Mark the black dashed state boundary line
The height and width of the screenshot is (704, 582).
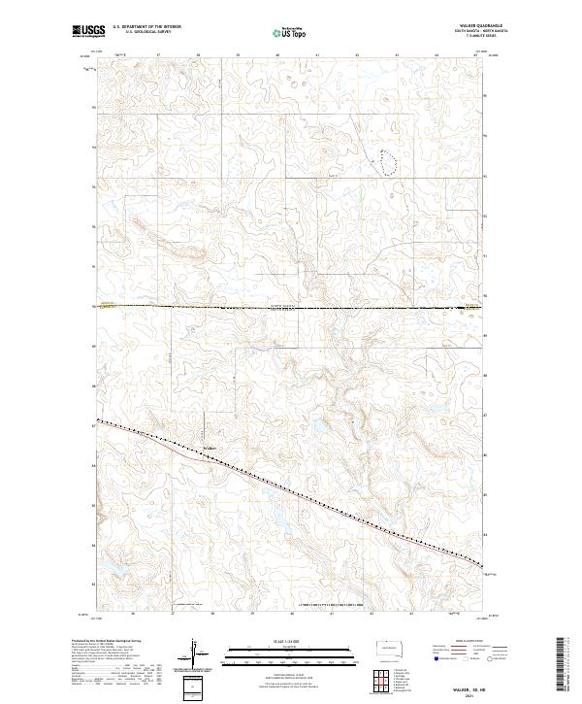(x=291, y=308)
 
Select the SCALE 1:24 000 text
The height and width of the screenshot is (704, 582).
(x=290, y=641)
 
